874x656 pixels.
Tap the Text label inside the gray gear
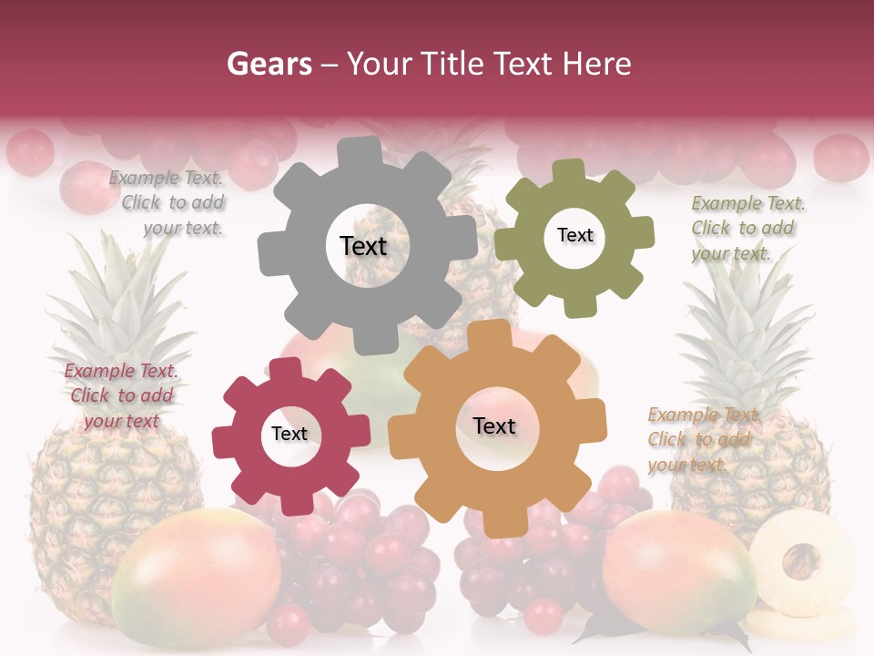363,246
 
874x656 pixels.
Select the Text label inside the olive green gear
574,235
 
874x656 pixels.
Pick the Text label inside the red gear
290,434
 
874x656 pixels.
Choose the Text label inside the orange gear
494,425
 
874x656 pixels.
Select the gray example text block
168,203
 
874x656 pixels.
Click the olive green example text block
747,228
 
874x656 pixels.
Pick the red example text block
121,395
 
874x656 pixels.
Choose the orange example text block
703,439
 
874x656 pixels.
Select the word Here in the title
600,64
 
